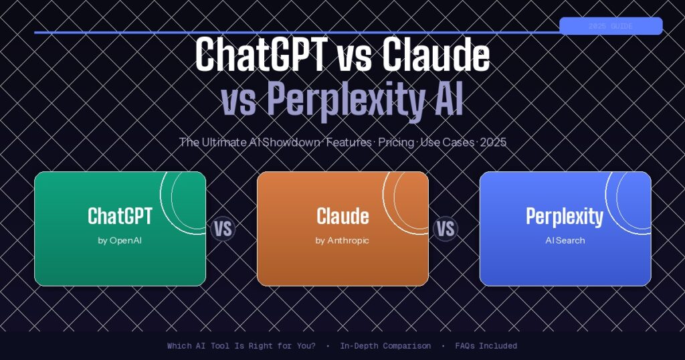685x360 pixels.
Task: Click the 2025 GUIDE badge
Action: tap(610, 26)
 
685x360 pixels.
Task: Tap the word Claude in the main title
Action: tap(435, 56)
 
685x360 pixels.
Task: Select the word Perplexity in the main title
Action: tap(343, 101)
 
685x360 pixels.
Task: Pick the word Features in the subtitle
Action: tap(349, 143)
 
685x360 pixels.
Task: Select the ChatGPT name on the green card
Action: tap(120, 216)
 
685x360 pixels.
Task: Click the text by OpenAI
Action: tap(120, 240)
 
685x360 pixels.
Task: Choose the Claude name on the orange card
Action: tap(342, 216)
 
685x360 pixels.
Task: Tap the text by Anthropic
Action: tap(342, 240)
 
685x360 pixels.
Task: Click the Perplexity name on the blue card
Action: tap(565, 216)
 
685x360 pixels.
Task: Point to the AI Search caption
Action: tap(565, 240)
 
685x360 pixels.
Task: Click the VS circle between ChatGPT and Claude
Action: tap(223, 229)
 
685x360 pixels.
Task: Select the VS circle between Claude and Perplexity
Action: tap(446, 229)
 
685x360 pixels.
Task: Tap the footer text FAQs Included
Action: tap(486, 346)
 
